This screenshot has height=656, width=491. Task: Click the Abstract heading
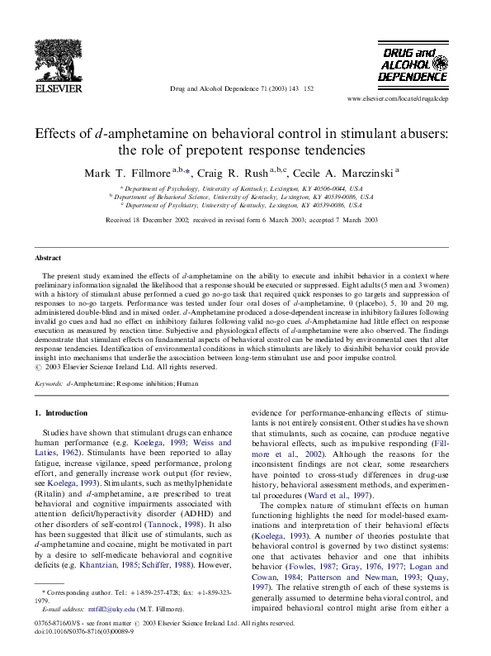coord(47,259)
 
